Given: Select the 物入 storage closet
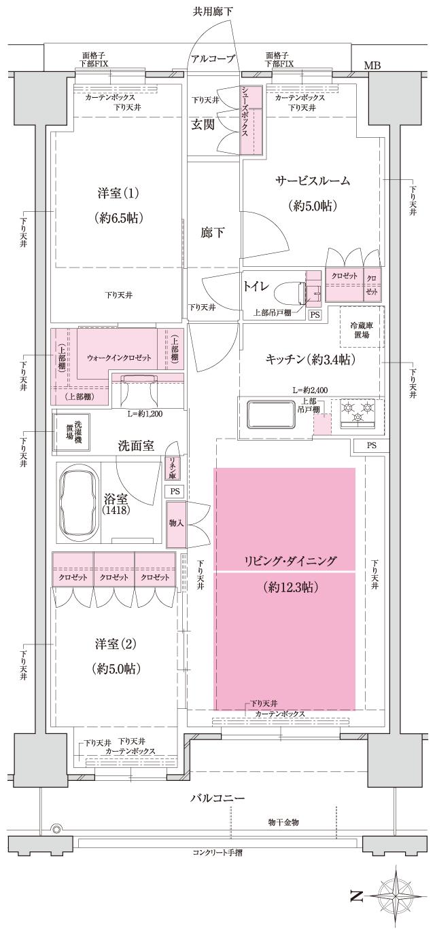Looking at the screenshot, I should pos(176,524).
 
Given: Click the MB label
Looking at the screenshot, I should pos(372,66).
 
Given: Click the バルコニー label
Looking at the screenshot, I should pos(217,798).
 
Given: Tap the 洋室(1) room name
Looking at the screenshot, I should pos(118,194).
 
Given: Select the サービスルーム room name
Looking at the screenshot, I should pos(312,181).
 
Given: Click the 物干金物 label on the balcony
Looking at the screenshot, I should pos(283,822).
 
